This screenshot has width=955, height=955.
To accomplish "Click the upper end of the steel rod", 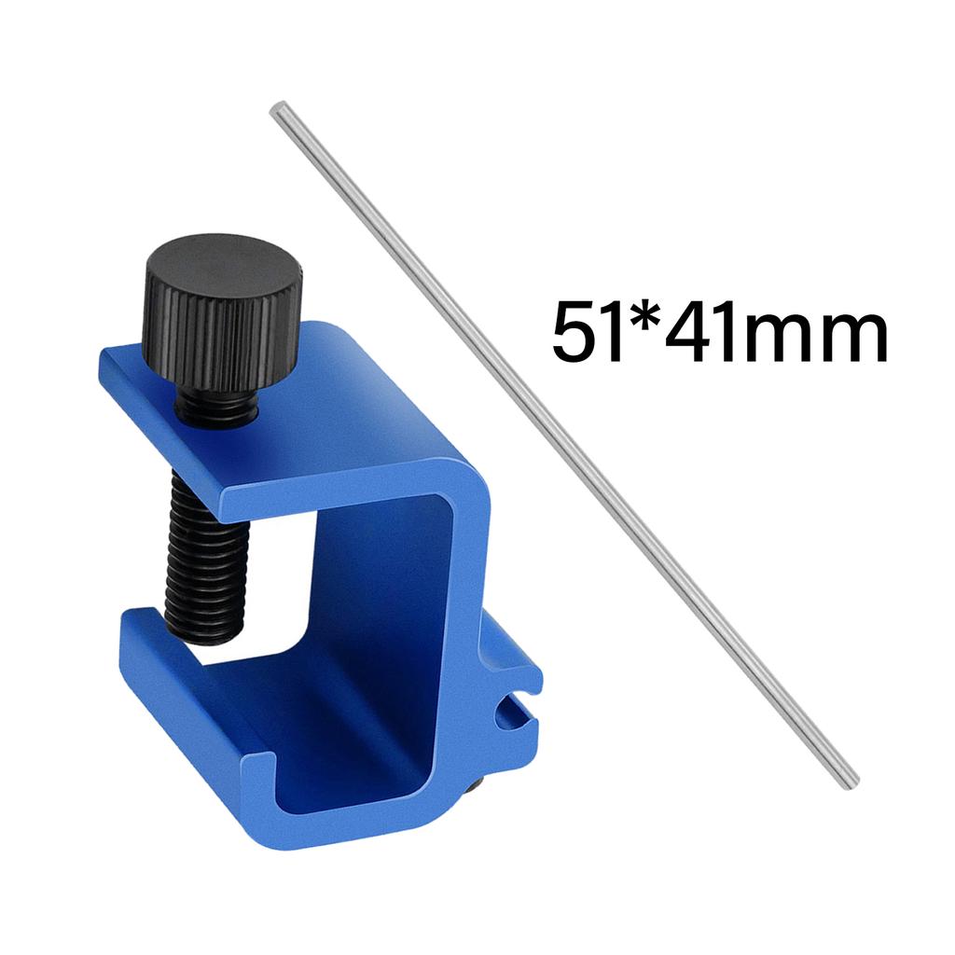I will [x=277, y=111].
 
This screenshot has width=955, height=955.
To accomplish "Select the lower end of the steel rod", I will [x=848, y=782].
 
